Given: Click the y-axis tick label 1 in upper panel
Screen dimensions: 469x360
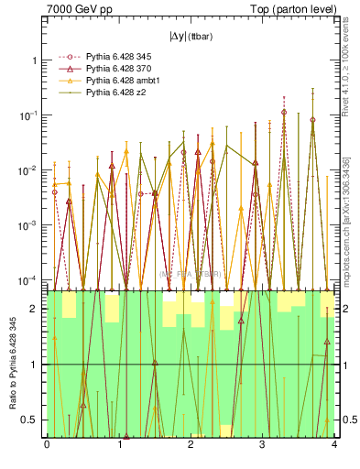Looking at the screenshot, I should [35, 60].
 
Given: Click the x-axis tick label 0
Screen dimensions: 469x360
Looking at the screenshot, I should [47, 446].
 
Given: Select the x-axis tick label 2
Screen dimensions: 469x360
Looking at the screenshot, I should [191, 446].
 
